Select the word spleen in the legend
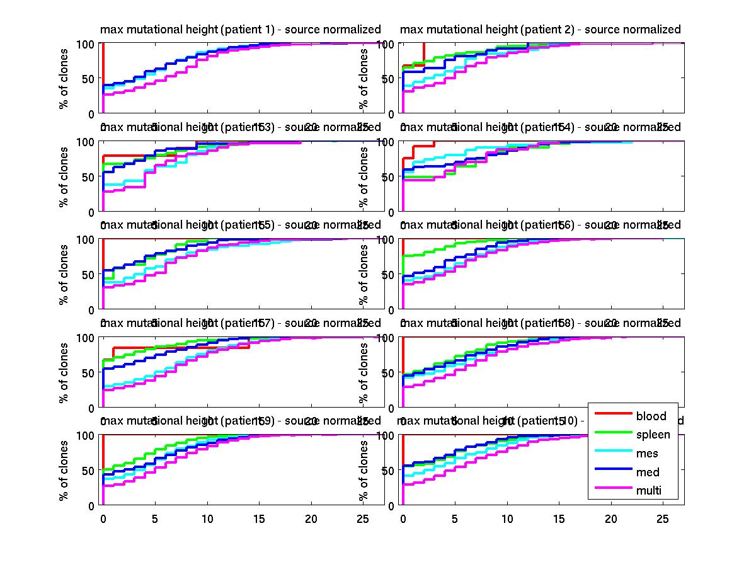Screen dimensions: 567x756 pos(653,435)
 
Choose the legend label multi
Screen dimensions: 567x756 pos(648,491)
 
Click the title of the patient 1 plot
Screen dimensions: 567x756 pos(241,30)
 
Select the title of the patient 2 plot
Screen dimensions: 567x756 pos(540,30)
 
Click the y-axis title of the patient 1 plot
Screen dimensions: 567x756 pos(63,79)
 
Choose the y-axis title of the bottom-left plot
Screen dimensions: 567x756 pos(63,470)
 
